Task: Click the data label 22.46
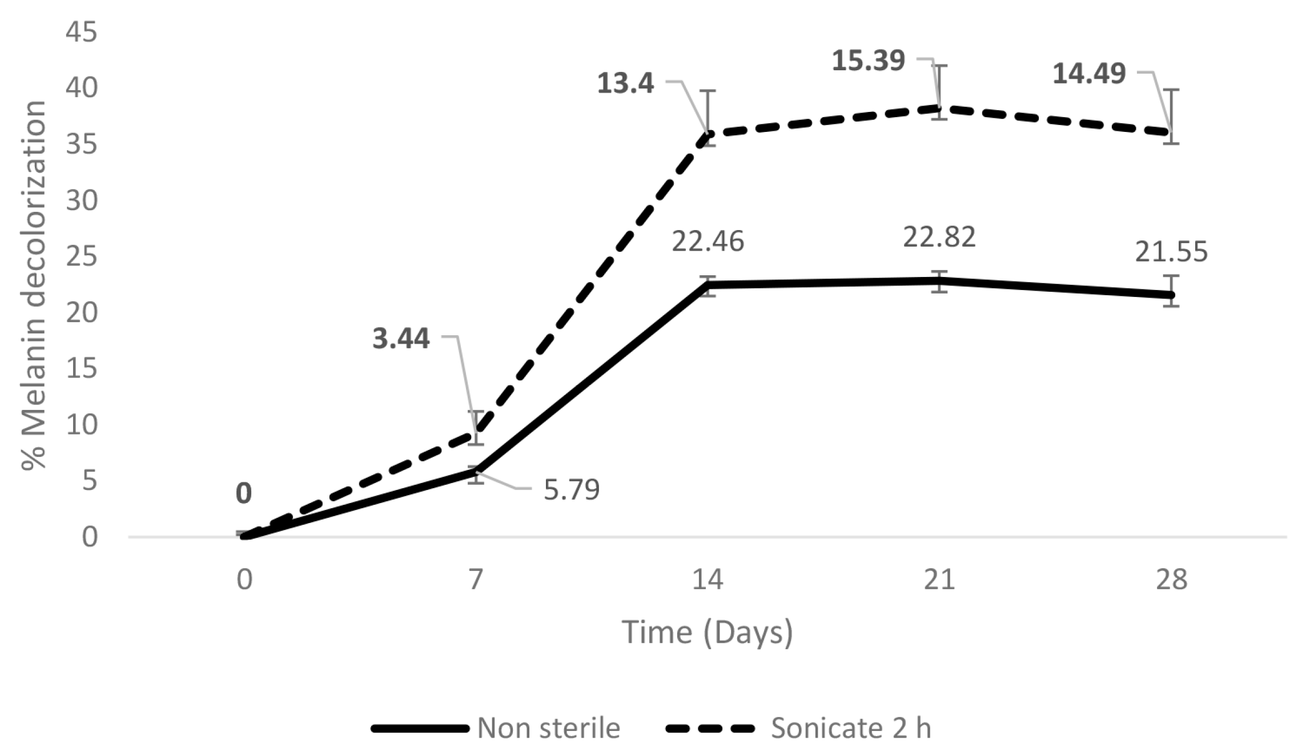tap(708, 242)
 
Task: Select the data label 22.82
tap(939, 238)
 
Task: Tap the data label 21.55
tap(1171, 252)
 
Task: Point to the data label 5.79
tap(572, 490)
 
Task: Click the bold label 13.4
tap(625, 84)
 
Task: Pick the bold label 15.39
tap(868, 61)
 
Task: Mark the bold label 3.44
tap(401, 339)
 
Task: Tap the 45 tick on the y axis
tap(81, 33)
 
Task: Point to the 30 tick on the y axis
tap(81, 201)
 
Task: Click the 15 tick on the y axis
tap(81, 369)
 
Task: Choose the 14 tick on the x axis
tap(708, 580)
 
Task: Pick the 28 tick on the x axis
tap(1171, 580)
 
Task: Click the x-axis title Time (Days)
tap(708, 633)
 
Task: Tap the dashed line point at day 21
tap(939, 107)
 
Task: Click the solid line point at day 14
tap(708, 284)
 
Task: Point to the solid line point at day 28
tap(1171, 295)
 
